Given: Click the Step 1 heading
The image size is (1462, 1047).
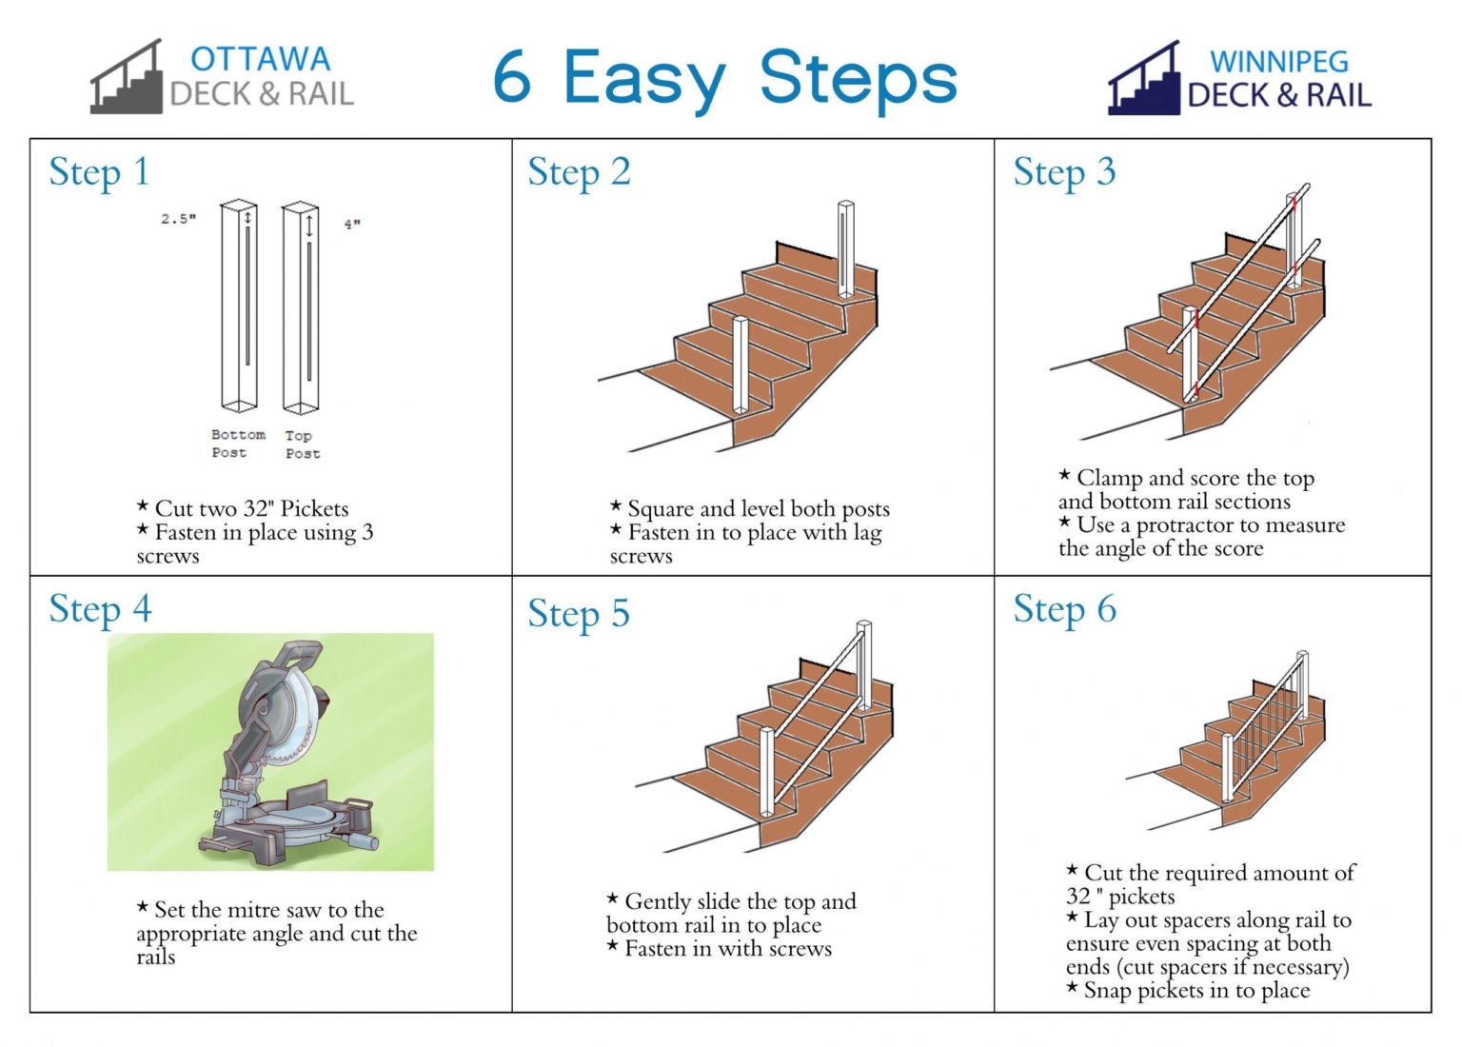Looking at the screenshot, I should click(x=99, y=173).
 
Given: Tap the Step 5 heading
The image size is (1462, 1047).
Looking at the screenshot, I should click(x=579, y=614).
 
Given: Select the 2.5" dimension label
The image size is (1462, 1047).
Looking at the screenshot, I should click(x=178, y=219).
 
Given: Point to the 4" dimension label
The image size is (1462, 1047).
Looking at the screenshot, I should click(x=352, y=225).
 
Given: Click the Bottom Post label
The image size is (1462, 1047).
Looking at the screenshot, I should click(x=237, y=444).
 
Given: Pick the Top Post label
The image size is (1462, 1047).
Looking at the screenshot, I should click(x=302, y=444).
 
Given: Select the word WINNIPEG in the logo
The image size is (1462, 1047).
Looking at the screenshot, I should click(x=1278, y=62).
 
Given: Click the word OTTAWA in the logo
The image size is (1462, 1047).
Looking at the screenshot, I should click(x=260, y=59).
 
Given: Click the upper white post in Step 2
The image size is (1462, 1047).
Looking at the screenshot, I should click(x=845, y=249).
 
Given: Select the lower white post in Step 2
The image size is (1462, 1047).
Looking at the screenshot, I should click(x=741, y=365).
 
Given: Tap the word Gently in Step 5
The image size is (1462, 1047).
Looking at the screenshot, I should click(x=658, y=901).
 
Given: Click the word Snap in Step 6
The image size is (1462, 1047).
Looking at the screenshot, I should click(x=1108, y=991).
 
